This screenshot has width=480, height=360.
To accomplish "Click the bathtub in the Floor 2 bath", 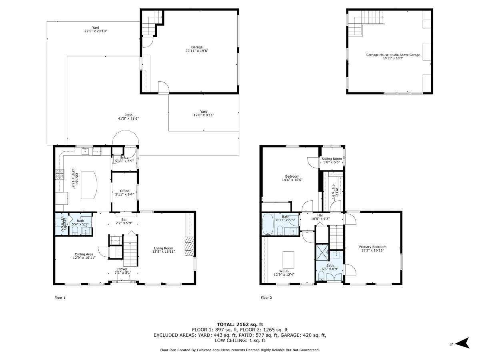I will tap(267, 225).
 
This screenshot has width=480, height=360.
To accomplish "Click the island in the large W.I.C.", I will tap(288, 260).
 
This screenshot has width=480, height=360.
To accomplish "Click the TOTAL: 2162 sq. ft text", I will tap(240, 324).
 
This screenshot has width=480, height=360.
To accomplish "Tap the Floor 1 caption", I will tap(60, 298).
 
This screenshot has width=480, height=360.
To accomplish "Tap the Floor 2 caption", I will tap(266, 298).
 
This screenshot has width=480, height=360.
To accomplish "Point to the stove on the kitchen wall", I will tap(59, 174).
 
